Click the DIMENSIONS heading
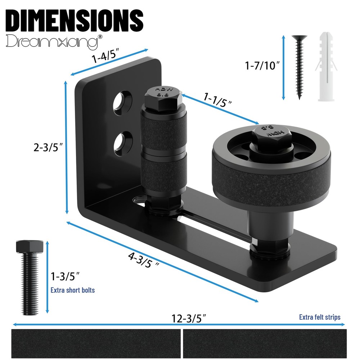(x=75, y=21)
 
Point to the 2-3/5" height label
(x=48, y=147)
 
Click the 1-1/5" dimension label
(x=217, y=100)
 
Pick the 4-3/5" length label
(x=144, y=260)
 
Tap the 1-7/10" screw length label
(x=262, y=66)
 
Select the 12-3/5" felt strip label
(x=189, y=319)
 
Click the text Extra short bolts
(x=73, y=290)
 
